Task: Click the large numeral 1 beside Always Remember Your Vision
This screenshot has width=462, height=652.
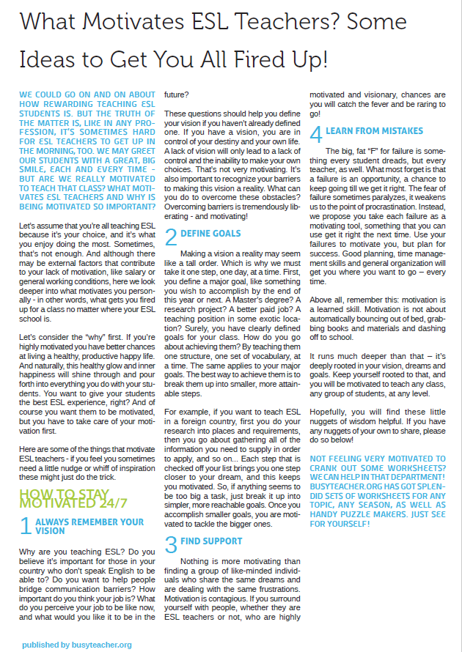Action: pos(25,526)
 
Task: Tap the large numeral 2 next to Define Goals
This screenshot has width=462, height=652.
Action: pos(170,237)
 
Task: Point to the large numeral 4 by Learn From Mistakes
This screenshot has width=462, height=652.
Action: pos(316,135)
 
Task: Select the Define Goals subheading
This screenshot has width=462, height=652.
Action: pos(210,233)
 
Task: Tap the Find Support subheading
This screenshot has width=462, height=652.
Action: pos(211,541)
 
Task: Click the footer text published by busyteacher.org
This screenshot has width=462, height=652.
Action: pos(76,645)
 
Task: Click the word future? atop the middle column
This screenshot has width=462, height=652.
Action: pos(177,95)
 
